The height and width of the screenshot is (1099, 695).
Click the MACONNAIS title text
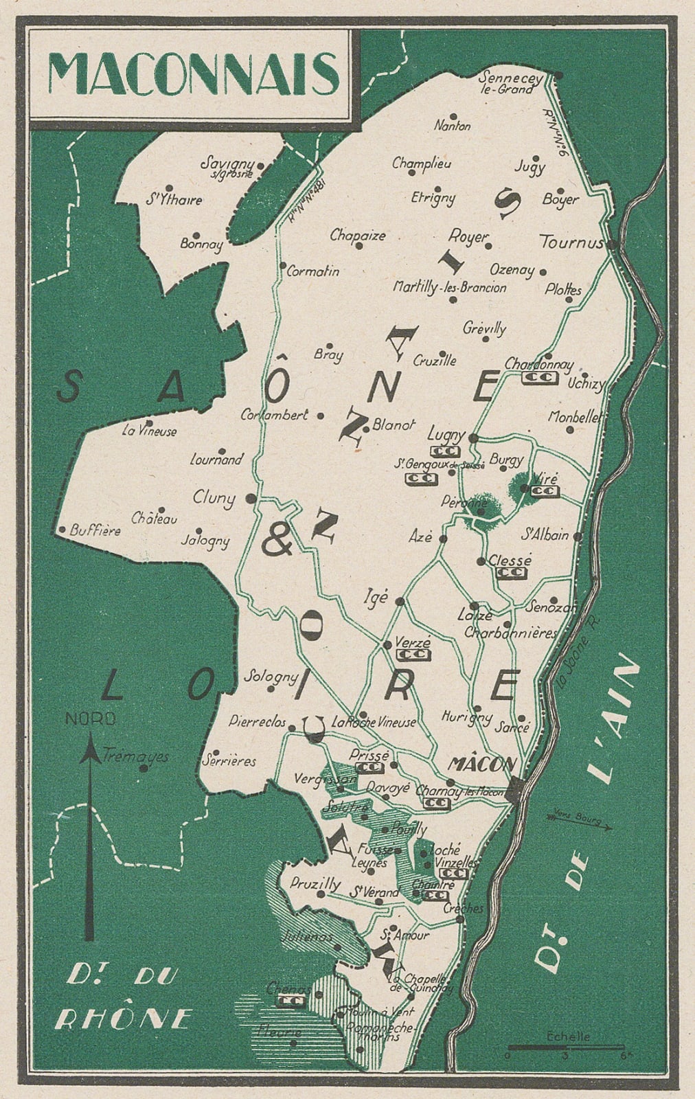[x=194, y=73]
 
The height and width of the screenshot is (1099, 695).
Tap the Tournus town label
[x=571, y=242]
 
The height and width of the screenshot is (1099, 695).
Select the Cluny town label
[x=214, y=498]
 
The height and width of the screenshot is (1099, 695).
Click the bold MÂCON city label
[x=481, y=764]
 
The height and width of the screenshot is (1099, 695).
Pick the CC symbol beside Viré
[x=546, y=492]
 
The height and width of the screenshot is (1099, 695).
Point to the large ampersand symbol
[x=277, y=543]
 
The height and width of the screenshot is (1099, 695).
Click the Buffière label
[x=95, y=531]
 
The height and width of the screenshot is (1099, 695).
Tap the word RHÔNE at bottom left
[x=121, y=1019]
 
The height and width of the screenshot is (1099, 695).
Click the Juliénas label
[x=307, y=937]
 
